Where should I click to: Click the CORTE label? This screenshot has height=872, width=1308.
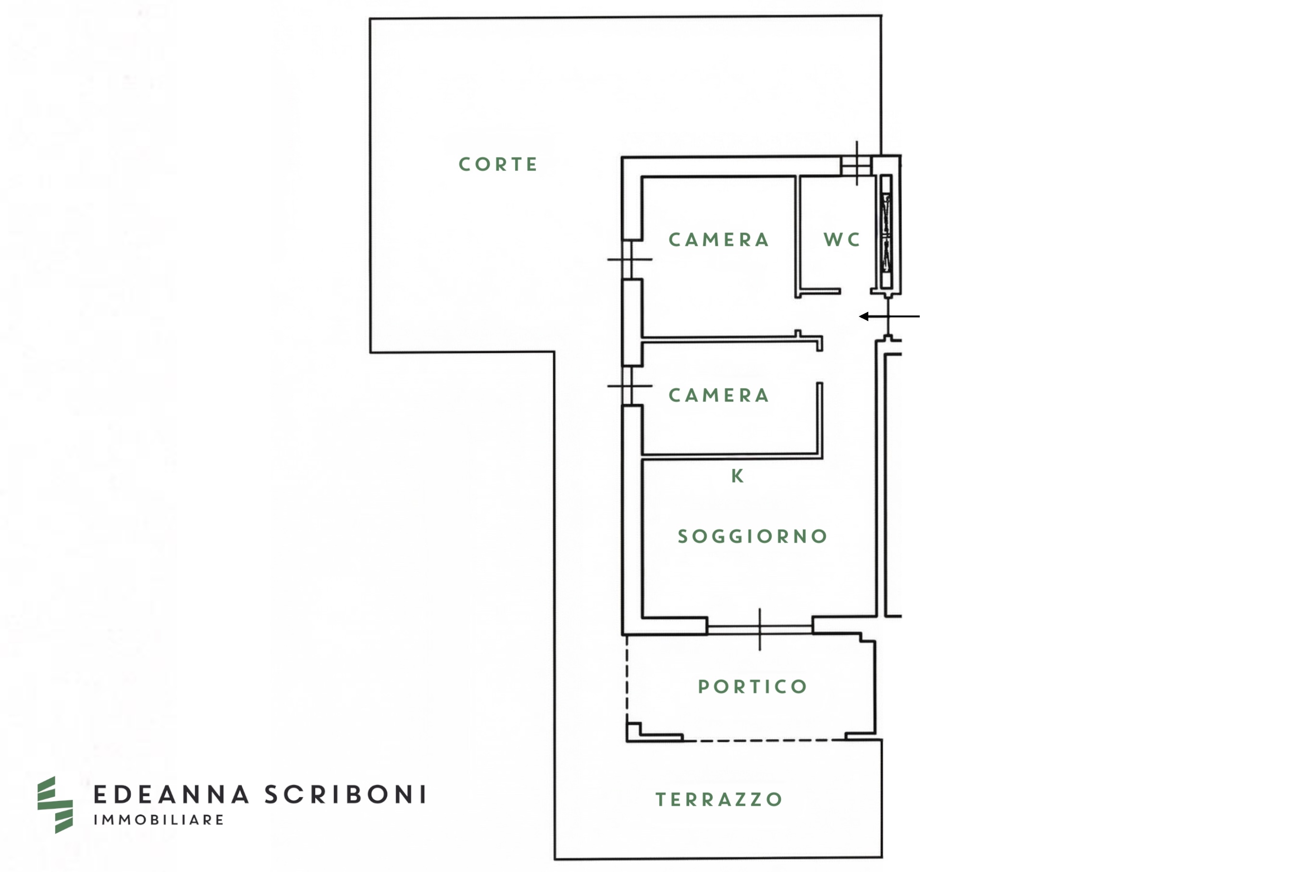tap(498, 165)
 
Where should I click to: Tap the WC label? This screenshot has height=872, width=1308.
tap(842, 240)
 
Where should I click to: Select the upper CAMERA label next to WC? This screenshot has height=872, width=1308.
tap(719, 240)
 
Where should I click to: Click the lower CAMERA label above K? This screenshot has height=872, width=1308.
tap(719, 395)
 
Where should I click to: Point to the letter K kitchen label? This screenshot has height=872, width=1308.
tap(737, 476)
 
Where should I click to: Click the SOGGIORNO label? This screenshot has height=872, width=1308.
tap(752, 537)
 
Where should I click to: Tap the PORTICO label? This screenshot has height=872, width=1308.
tap(752, 687)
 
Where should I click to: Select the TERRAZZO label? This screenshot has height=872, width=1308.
tap(719, 799)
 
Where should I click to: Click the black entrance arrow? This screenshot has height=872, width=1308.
tap(888, 316)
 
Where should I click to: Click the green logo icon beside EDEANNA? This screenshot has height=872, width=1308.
tap(54, 805)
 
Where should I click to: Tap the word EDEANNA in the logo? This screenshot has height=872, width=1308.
tap(172, 795)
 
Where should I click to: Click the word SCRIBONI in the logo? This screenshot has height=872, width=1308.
tap(346, 795)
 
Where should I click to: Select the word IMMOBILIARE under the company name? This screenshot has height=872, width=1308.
tap(159, 820)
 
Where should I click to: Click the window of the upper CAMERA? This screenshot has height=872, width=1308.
tap(628, 260)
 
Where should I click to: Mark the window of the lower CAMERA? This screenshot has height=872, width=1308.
tap(628, 386)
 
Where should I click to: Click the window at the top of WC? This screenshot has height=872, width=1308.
tap(856, 165)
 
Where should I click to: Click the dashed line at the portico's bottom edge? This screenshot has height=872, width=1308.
tap(762, 740)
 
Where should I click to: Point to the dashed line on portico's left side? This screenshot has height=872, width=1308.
tap(627, 678)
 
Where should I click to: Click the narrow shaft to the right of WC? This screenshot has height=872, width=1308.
tap(886, 232)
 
